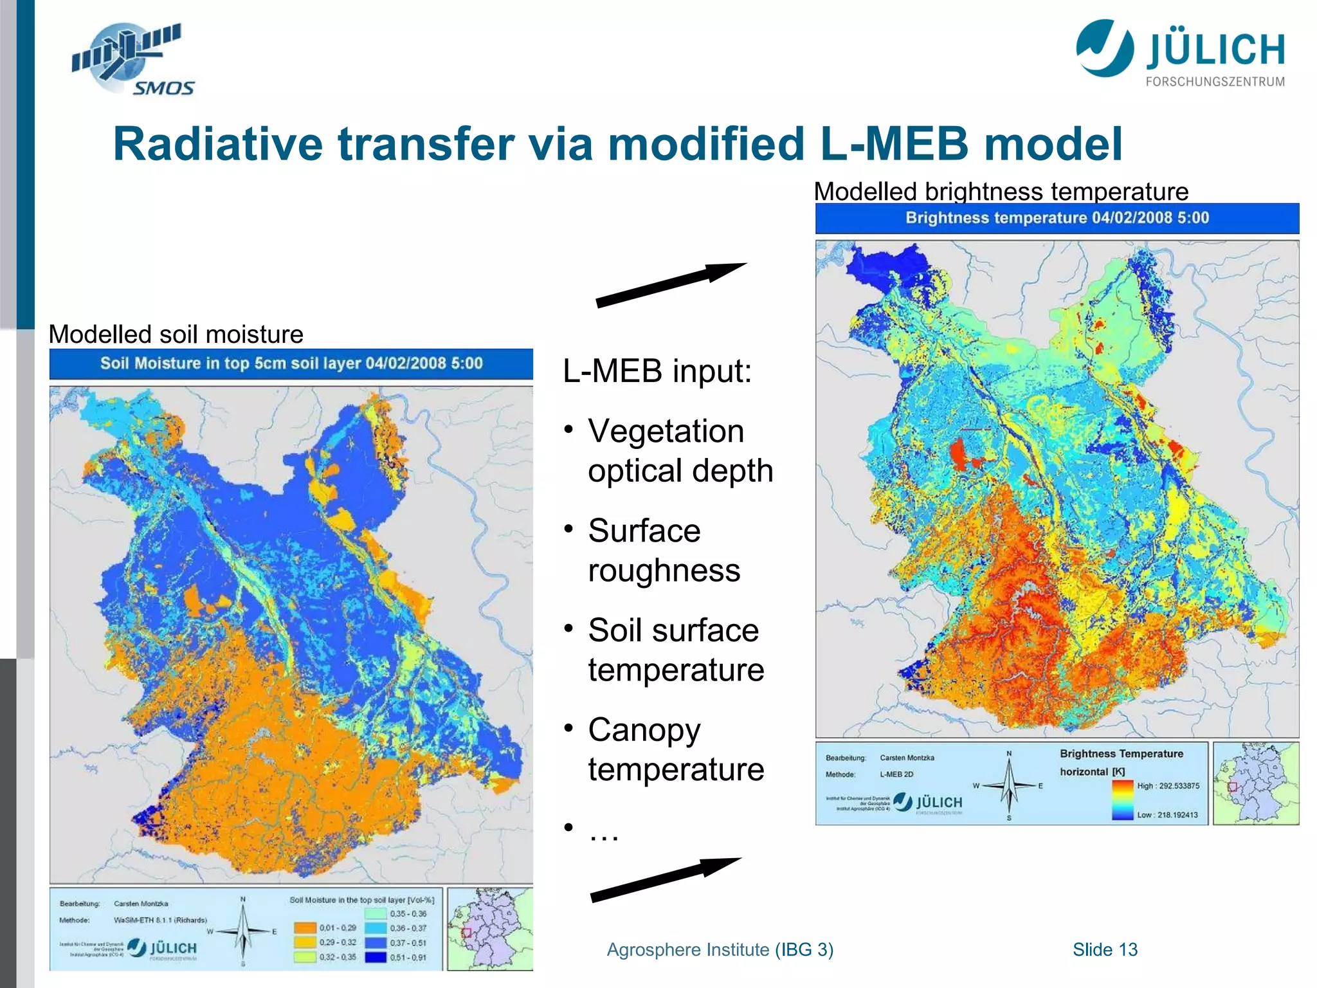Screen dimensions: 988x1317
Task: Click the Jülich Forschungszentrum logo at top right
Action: (1181, 53)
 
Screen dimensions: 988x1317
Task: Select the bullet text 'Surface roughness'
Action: (664, 551)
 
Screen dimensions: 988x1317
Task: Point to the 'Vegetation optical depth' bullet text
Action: (680, 451)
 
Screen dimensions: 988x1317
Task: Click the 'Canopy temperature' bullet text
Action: (675, 749)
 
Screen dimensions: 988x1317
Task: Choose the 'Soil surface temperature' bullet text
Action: (675, 650)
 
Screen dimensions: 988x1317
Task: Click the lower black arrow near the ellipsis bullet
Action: (665, 879)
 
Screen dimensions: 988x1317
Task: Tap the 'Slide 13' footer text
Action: (1105, 949)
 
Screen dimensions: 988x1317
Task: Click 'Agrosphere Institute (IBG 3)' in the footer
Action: (720, 949)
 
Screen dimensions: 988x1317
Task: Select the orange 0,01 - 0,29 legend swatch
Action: (305, 928)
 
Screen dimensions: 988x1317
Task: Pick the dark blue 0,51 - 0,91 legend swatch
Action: (376, 957)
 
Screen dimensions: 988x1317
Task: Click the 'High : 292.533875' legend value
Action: (1168, 786)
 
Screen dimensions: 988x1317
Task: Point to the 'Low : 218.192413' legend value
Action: (1167, 815)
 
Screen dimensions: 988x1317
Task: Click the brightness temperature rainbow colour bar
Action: (1122, 800)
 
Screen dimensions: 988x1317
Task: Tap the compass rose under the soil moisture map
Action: (243, 931)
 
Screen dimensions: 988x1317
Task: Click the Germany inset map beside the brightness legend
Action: (1255, 783)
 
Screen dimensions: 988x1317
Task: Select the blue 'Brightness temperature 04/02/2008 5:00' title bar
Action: (1057, 218)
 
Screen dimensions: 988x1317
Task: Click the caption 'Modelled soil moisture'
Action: (176, 334)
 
